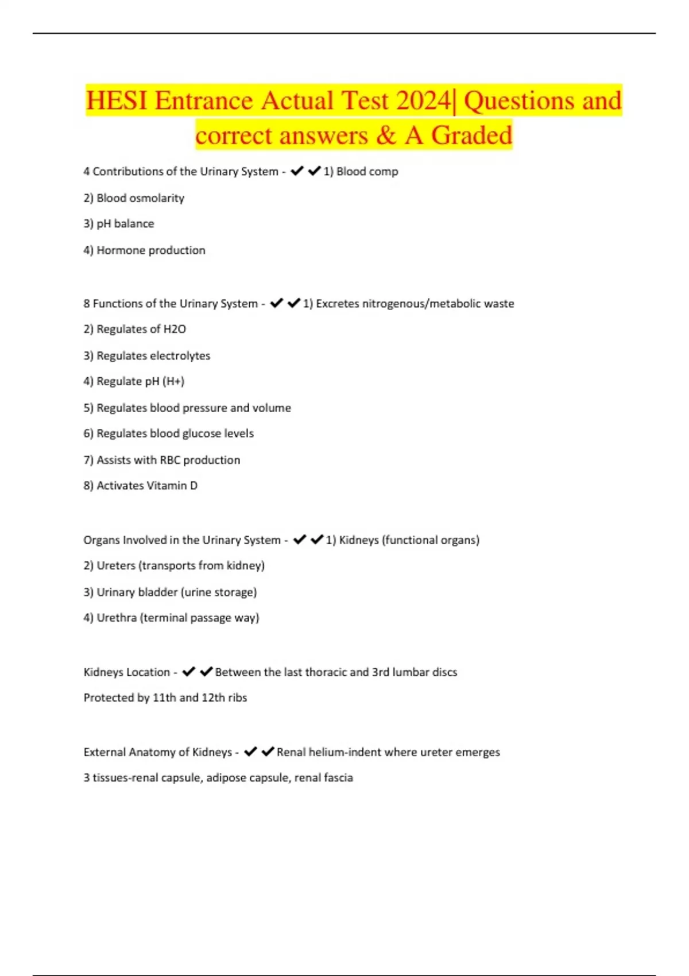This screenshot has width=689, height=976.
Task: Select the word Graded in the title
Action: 471,135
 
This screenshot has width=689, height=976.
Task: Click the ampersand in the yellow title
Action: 386,135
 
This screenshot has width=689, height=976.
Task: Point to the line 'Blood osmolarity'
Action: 140,198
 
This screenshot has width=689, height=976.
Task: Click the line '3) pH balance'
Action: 119,224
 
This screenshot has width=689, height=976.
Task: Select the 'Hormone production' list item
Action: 150,250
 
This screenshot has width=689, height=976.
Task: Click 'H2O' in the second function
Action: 175,330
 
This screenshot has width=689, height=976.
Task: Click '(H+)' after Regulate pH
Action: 173,381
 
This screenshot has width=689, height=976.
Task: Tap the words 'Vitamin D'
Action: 172,486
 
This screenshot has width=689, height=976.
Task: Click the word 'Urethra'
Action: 117,618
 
